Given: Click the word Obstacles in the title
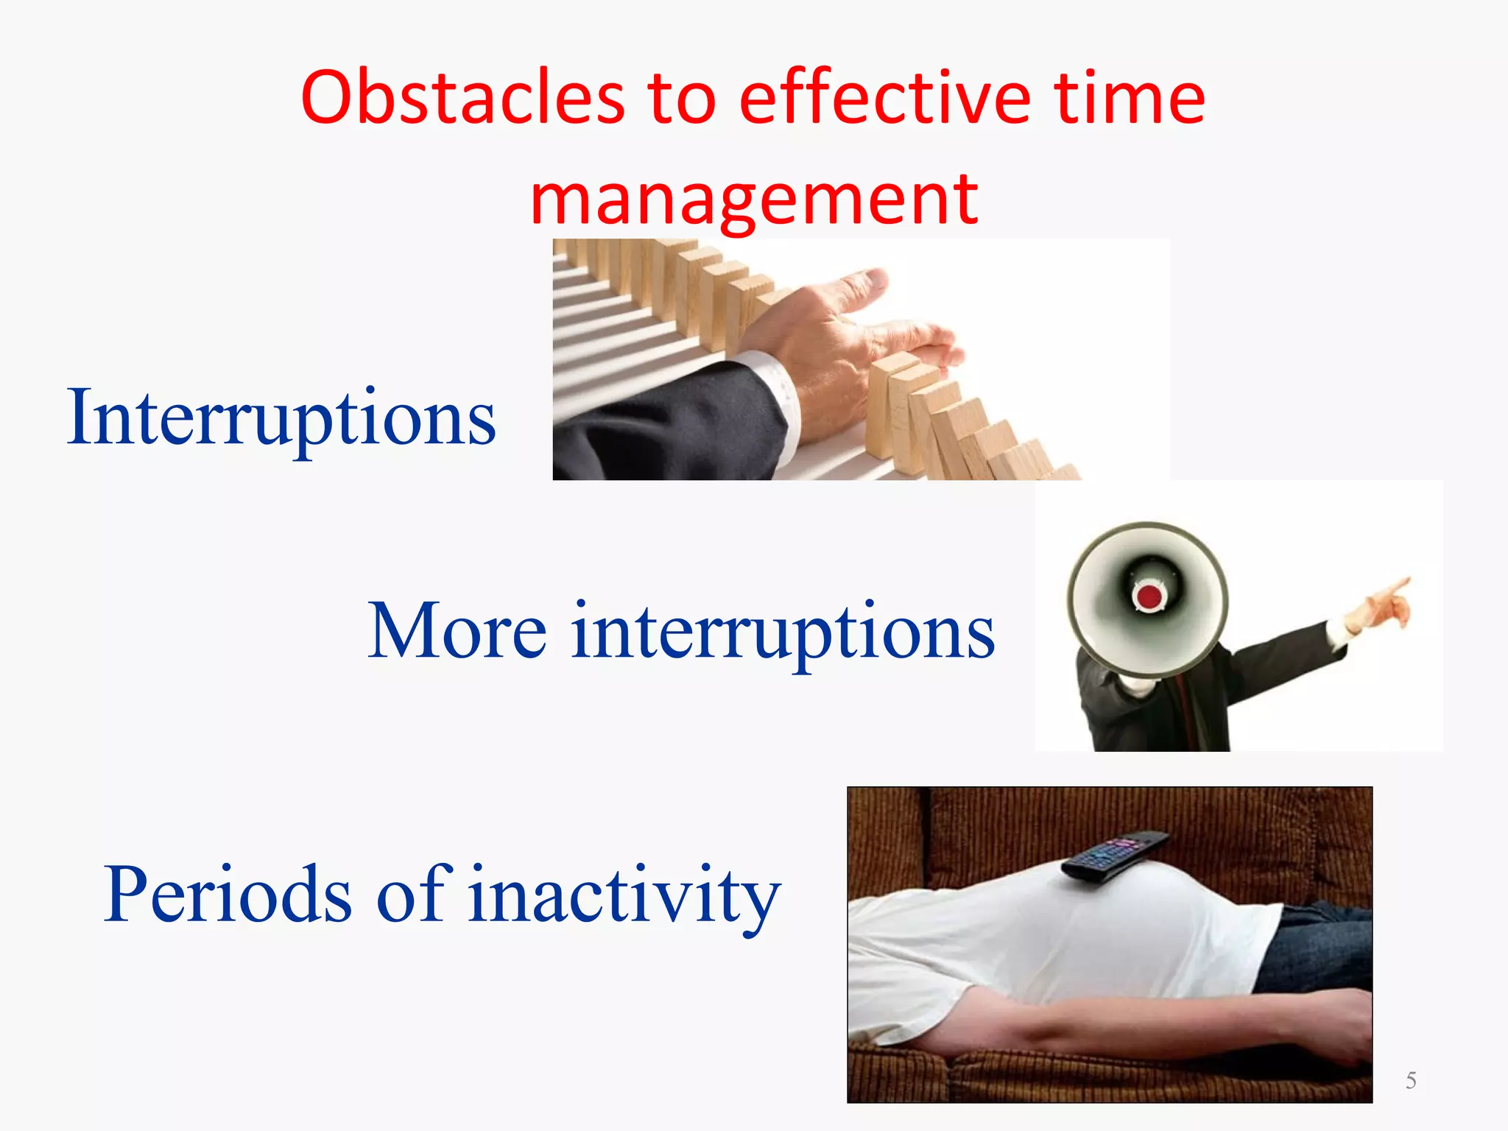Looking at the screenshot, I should click(462, 98).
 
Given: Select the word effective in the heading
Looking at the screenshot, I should click(884, 98).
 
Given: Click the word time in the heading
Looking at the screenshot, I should click(1129, 98).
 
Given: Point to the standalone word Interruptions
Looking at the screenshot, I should click(281, 418).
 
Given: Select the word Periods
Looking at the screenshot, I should click(228, 895).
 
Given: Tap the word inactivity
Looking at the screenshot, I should click(624, 895).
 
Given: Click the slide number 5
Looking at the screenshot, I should click(1411, 1080).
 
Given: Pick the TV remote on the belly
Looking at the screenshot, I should click(1116, 856).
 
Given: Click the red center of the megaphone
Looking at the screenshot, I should click(1149, 595).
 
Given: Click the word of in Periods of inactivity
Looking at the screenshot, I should click(412, 895).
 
